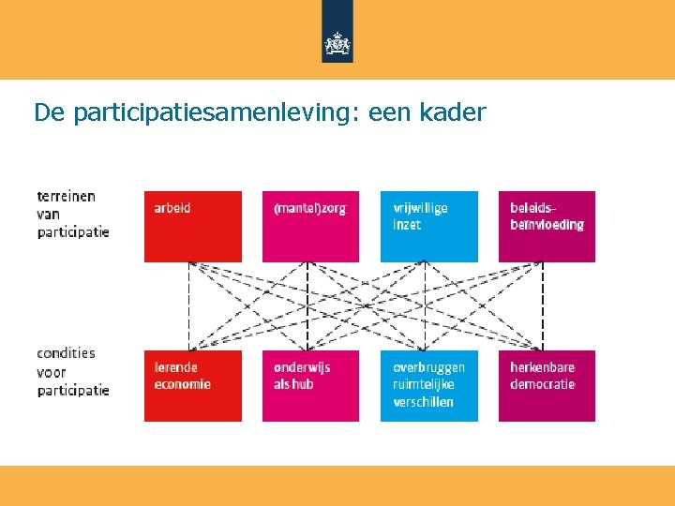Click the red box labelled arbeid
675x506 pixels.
pyautogui.click(x=192, y=227)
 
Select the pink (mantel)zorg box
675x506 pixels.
pyautogui.click(x=310, y=227)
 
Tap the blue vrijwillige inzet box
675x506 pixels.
pyautogui.click(x=428, y=227)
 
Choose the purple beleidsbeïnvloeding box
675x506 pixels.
pyautogui.click(x=547, y=227)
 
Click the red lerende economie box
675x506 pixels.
pyautogui.click(x=192, y=386)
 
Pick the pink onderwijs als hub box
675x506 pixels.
pyautogui.click(x=310, y=386)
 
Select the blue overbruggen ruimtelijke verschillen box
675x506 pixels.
pyautogui.click(x=428, y=386)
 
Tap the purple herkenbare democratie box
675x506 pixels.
pyautogui.click(x=547, y=386)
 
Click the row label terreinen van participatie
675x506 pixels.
pyautogui.click(x=73, y=214)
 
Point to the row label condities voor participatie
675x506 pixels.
pyautogui.click(x=73, y=371)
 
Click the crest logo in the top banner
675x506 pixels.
pyautogui.click(x=337, y=43)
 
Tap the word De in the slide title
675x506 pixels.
pyautogui.click(x=49, y=113)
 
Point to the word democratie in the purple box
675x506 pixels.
pyautogui.click(x=542, y=384)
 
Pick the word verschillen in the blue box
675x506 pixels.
pyautogui.click(x=423, y=402)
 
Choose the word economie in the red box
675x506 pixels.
pyautogui.click(x=182, y=384)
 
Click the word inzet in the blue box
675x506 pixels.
pyautogui.click(x=407, y=225)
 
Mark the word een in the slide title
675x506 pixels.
pyautogui.click(x=392, y=113)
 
